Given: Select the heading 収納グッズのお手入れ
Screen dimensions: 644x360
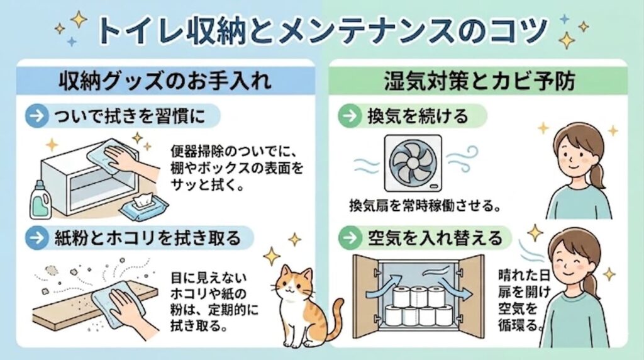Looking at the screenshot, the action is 165,80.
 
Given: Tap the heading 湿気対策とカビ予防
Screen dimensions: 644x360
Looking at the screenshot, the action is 479,80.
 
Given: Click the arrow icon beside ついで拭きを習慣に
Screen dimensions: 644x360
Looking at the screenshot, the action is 37,116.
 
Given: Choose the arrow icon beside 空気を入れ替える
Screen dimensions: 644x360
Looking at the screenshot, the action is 350,237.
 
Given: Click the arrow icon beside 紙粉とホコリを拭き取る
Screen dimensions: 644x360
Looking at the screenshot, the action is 37,238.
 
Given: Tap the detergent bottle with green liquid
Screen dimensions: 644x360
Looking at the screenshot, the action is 41,200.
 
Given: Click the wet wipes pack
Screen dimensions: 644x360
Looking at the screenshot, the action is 143,205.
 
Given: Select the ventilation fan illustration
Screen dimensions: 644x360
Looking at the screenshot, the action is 413,163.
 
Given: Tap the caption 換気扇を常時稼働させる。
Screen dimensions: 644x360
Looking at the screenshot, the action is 425,205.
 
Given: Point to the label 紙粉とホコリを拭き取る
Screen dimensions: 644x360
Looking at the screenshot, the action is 147,238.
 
